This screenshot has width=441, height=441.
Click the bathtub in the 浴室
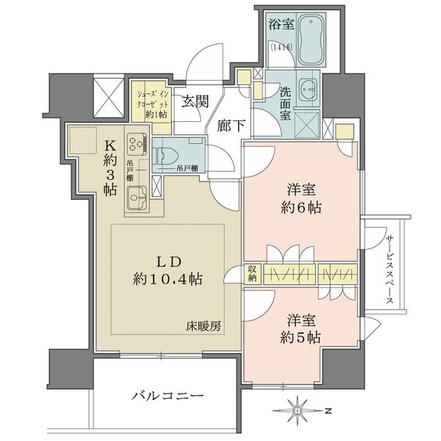tap(312, 40)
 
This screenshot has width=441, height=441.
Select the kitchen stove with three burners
tap(137, 145)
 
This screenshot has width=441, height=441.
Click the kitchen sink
tap(137, 198)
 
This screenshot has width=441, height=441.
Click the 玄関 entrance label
tap(196, 101)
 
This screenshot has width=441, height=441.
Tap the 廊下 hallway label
tap(232, 126)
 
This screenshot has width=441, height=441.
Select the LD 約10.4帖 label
tap(168, 270)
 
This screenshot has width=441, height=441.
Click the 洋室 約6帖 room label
tap(301, 198)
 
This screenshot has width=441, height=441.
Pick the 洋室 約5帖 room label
tap(301, 329)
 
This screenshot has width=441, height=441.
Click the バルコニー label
tap(168, 396)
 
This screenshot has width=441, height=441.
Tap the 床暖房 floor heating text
tap(204, 326)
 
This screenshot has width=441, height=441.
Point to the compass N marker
tap(328, 411)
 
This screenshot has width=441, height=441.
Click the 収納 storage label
tap(252, 274)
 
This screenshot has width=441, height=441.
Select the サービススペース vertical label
tap(390, 270)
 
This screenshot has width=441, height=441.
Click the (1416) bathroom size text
tap(282, 47)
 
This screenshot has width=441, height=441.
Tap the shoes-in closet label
tap(153, 104)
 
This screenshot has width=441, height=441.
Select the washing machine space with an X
tap(307, 123)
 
